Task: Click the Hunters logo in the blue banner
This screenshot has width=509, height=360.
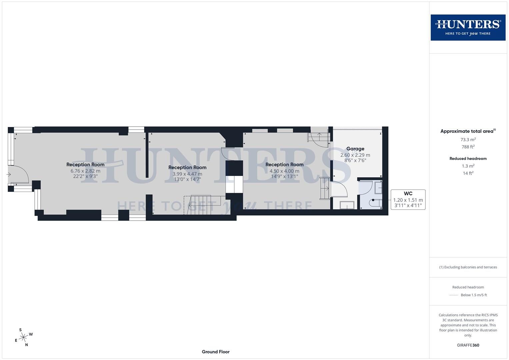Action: point(468,27)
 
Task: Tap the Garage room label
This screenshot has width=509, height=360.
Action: point(355,149)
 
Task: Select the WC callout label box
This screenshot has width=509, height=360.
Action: point(408,199)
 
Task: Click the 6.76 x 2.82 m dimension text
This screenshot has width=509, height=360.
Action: point(85,171)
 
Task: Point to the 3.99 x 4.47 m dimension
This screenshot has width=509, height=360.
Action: point(187,174)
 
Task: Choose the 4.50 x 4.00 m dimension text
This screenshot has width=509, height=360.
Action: point(284,171)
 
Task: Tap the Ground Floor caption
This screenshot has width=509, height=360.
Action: point(216,352)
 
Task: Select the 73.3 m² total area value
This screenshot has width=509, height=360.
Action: point(468,140)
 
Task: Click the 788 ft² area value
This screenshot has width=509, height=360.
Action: point(468,147)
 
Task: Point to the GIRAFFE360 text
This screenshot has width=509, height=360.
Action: point(468,345)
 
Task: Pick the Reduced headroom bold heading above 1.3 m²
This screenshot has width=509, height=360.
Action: point(468,159)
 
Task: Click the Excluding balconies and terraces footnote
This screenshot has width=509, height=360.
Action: point(468,267)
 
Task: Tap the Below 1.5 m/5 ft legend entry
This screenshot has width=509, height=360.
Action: point(473,295)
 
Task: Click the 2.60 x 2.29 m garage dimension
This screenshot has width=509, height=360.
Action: point(355,155)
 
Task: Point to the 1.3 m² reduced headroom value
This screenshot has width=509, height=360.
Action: point(468,166)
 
